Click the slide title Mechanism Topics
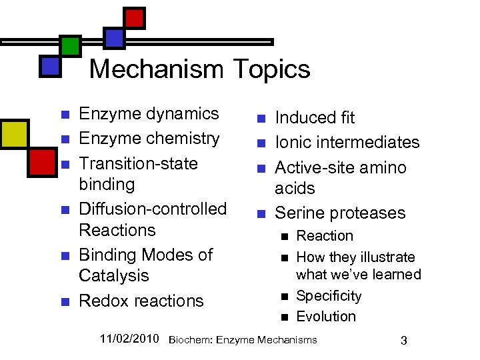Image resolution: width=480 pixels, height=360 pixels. (199, 69)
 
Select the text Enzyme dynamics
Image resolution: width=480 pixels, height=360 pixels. (149, 113)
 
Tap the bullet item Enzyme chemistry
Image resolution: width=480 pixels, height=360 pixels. (149, 138)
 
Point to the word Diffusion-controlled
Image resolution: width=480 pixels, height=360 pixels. (153, 209)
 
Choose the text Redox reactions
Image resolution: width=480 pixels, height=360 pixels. (141, 301)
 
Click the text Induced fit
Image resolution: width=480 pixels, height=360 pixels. (315, 118)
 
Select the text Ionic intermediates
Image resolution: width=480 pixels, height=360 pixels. (347, 142)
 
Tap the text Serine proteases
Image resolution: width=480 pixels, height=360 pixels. (340, 213)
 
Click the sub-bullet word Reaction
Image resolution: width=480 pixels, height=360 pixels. (325, 235)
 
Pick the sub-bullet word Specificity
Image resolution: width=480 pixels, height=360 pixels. (329, 295)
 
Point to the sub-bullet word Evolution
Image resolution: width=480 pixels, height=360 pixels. (326, 316)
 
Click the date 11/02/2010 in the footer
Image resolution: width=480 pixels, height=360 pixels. (129, 339)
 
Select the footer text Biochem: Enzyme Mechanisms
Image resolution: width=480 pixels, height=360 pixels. (243, 340)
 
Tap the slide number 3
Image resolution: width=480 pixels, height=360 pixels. (403, 341)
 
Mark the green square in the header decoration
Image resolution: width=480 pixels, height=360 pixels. (70, 45)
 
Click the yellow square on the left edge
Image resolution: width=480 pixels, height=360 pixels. (13, 133)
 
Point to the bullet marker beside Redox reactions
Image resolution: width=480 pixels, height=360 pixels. (65, 302)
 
